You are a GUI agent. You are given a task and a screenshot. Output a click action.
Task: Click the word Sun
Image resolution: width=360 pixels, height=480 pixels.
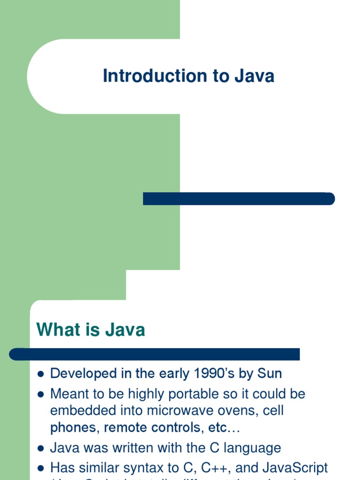(x=270, y=374)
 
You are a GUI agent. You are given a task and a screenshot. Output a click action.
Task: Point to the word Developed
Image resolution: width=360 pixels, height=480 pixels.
(x=83, y=374)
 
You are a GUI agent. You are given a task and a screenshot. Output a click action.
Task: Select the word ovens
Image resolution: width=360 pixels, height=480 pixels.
(x=239, y=411)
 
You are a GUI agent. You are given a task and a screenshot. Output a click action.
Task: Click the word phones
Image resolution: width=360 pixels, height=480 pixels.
(x=75, y=428)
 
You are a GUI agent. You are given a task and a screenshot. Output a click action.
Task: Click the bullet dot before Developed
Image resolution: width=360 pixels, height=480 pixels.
(x=40, y=374)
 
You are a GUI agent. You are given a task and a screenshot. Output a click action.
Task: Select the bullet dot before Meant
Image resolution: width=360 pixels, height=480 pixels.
(x=40, y=394)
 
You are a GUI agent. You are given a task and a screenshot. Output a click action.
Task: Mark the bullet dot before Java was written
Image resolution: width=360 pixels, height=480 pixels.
(x=40, y=449)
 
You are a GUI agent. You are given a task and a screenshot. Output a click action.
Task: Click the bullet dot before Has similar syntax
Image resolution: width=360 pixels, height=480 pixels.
(x=40, y=468)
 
